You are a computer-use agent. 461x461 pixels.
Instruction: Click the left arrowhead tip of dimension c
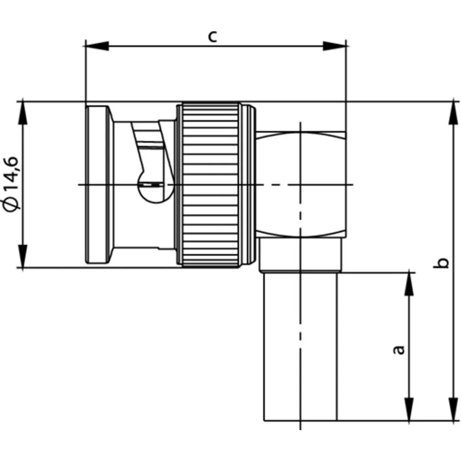point(86,46)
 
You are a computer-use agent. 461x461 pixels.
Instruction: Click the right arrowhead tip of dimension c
point(346,46)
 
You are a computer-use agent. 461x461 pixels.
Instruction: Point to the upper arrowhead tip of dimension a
point(409,273)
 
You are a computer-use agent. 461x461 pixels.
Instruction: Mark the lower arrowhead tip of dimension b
point(453,421)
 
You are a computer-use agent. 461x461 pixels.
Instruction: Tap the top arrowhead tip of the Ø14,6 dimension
point(23,102)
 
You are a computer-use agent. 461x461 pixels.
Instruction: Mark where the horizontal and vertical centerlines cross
point(300,185)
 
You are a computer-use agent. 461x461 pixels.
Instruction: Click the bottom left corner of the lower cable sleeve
point(264,420)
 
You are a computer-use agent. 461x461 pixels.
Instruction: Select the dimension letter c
point(213,37)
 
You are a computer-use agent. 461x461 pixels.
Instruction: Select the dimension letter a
point(399,350)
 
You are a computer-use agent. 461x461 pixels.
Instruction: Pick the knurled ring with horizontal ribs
point(211,185)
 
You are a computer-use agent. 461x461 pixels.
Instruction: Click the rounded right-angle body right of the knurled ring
point(301,185)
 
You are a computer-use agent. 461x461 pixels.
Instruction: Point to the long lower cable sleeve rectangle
point(301,347)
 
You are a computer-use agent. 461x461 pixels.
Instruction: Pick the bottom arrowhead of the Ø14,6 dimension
point(23,256)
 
